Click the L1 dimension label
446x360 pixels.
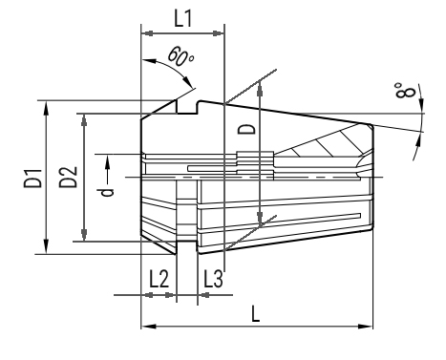183,18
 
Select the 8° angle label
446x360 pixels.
405,90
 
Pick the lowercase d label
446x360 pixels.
107,192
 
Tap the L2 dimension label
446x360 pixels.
159,279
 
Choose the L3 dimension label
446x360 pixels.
213,279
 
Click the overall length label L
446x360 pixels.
256,313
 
